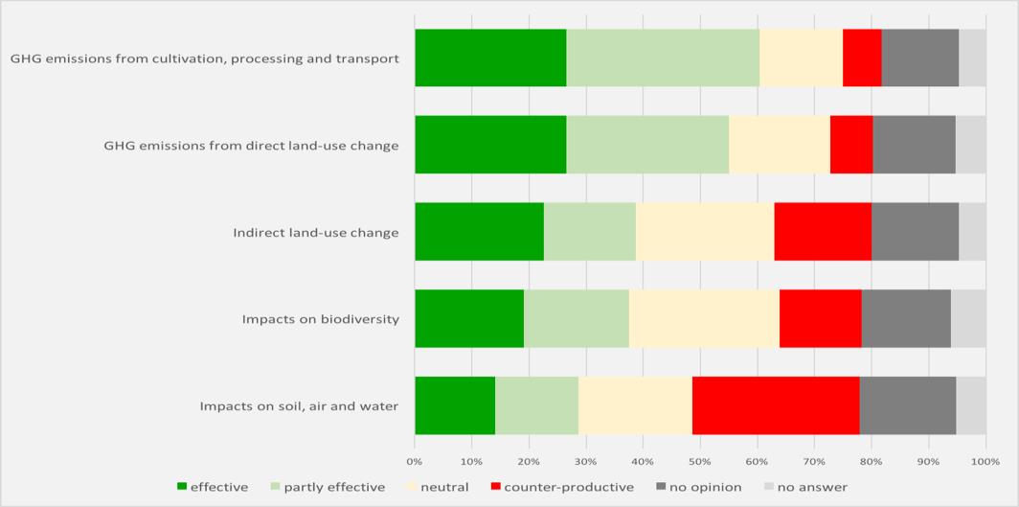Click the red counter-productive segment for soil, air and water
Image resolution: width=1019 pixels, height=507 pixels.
click(776, 405)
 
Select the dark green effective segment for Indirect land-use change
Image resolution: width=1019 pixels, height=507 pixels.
click(479, 231)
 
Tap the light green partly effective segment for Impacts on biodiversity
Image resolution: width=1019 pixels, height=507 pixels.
click(576, 318)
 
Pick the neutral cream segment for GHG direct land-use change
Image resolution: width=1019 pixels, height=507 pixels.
click(779, 145)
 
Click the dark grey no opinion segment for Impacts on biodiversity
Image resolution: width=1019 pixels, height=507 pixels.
click(906, 318)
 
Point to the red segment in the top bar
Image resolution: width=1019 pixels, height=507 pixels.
click(862, 58)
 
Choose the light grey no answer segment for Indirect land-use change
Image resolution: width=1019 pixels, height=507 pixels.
click(972, 231)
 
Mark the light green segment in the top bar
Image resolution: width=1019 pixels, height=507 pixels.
click(663, 58)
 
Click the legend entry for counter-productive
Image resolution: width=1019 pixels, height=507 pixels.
click(561, 487)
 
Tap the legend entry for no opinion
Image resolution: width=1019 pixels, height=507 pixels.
click(698, 487)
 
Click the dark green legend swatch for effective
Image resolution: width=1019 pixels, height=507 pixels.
click(183, 487)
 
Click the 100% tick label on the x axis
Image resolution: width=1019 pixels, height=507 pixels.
click(985, 462)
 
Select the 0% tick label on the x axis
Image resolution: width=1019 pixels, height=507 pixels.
click(415, 462)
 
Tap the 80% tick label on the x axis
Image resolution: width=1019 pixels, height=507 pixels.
click(872, 462)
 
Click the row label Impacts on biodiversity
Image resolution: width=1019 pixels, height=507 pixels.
click(320, 319)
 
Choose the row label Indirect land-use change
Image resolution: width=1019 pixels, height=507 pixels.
click(315, 233)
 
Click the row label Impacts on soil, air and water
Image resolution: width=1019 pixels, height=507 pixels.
click(299, 406)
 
